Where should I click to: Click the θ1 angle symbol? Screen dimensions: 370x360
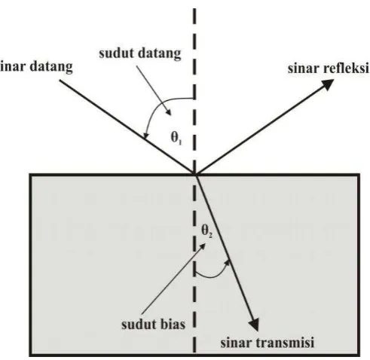[176, 138]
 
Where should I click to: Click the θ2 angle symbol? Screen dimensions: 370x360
[207, 230]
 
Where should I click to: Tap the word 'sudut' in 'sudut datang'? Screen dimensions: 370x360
[114, 53]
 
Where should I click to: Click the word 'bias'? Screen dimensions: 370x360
[173, 324]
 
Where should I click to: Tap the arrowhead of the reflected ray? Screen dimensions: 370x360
[329, 84]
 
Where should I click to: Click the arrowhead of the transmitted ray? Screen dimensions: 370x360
[255, 325]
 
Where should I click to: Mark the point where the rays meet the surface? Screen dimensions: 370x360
[194, 174]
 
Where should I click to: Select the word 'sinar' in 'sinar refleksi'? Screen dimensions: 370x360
[300, 69]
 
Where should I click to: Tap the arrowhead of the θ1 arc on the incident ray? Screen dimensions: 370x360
[145, 136]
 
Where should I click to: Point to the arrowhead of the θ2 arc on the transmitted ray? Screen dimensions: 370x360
[228, 262]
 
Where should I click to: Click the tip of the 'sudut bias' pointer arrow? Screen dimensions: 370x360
[206, 243]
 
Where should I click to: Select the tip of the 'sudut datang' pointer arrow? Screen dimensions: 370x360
[171, 115]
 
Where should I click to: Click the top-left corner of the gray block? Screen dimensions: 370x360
[29, 174]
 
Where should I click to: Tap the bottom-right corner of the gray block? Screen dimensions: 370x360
[359, 355]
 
